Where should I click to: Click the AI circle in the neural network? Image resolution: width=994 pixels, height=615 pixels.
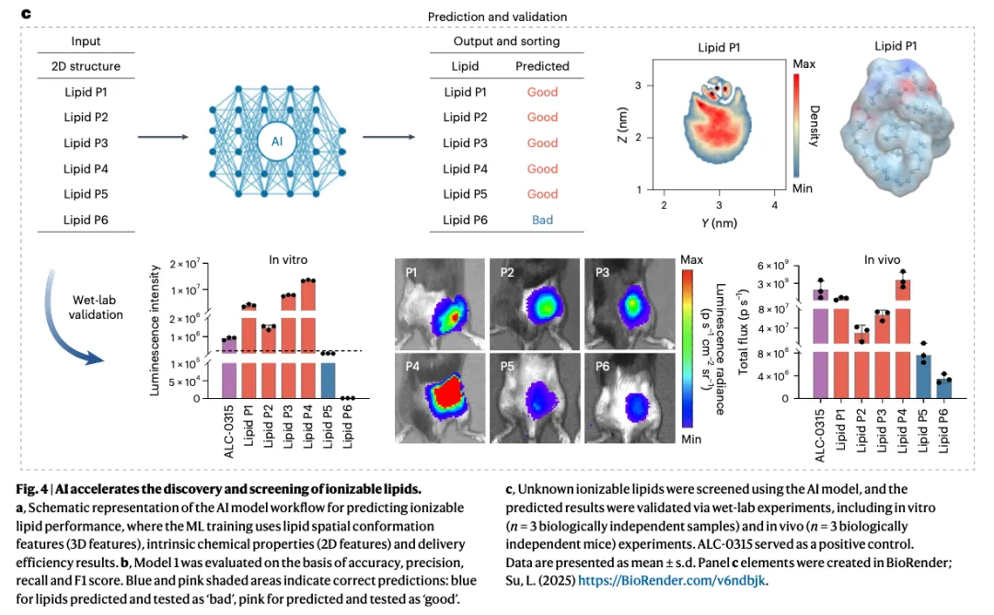277,142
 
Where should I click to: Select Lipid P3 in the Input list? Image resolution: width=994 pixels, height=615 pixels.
86,142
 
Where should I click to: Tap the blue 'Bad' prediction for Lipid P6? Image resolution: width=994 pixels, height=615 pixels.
542,220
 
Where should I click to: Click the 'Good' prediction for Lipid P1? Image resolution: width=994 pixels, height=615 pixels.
542,92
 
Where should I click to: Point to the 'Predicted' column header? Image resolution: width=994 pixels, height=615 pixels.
542,66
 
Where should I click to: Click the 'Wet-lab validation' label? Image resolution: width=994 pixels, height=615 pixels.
96,308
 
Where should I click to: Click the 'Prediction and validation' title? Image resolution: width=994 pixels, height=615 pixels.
497,17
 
